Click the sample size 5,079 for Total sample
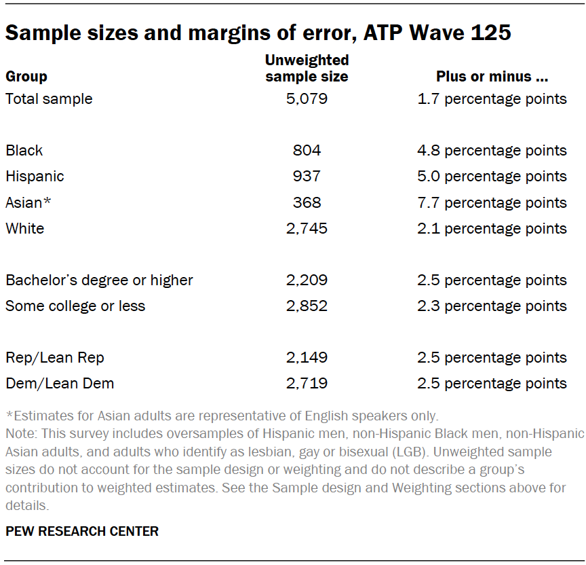tap(307, 99)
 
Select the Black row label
tap(24, 151)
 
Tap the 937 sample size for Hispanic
tap(307, 177)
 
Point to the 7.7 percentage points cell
tap(492, 203)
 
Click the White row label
tap(25, 229)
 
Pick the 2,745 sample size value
tap(307, 229)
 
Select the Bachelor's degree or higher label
tap(99, 280)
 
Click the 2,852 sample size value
tap(307, 306)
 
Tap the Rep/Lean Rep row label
tap(55, 358)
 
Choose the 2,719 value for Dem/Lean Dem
tap(307, 384)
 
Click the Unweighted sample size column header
tap(307, 69)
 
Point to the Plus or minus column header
tap(492, 77)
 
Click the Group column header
tap(26, 77)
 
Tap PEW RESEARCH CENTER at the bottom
tap(82, 532)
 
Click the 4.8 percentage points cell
tap(492, 151)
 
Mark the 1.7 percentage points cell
tap(492, 99)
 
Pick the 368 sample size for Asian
tap(307, 203)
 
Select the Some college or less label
tap(75, 306)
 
